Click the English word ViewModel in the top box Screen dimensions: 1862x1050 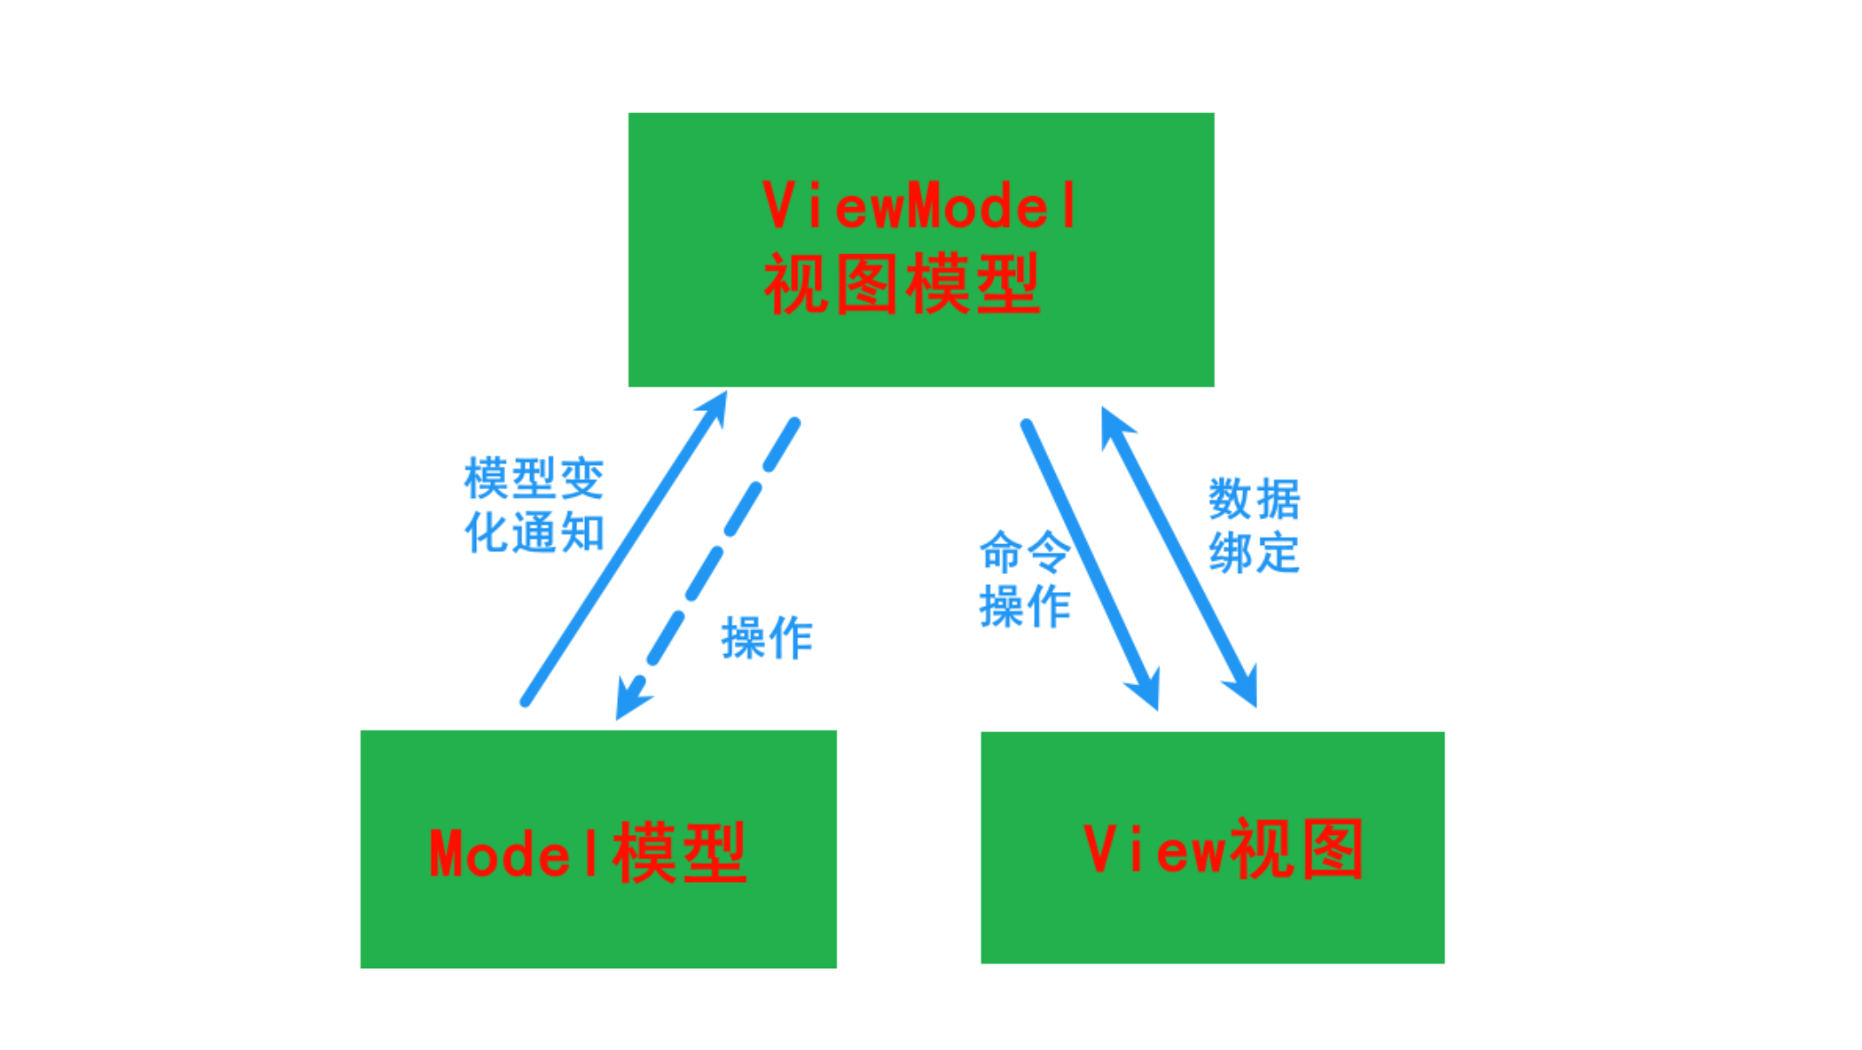tap(919, 206)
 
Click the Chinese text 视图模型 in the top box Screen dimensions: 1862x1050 tap(902, 284)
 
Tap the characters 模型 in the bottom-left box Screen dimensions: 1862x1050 tap(679, 853)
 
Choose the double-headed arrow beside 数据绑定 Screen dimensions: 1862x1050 tap(1180, 557)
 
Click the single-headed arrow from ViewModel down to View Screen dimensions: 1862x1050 tap(1088, 557)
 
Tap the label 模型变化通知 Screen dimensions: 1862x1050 tap(534, 505)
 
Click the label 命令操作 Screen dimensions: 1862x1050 tap(1025, 579)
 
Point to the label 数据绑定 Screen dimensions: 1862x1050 tap(1254, 526)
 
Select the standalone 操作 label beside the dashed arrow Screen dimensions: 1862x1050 tap(767, 638)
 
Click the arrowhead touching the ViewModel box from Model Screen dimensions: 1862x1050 tap(716, 407)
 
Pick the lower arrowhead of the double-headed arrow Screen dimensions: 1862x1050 tap(1245, 688)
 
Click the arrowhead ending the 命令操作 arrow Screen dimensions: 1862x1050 tap(1147, 690)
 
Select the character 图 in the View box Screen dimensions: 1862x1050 tap(1332, 849)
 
